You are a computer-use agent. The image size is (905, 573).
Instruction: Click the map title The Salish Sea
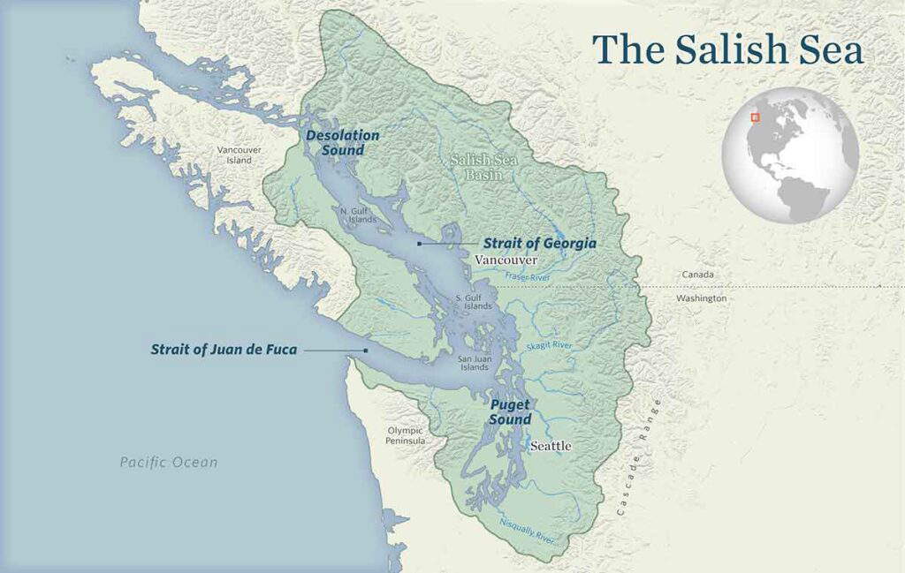click(727, 49)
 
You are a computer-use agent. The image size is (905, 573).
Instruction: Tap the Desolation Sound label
click(342, 143)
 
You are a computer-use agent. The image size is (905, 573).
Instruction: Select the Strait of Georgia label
click(539, 243)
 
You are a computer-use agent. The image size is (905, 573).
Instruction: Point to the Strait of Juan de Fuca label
click(224, 350)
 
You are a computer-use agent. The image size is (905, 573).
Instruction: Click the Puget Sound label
click(510, 412)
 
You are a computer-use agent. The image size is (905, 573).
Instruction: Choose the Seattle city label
click(551, 447)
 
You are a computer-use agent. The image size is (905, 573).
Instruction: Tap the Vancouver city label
click(506, 260)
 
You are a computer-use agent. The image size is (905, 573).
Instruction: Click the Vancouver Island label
click(239, 155)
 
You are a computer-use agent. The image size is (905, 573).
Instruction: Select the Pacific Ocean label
click(169, 462)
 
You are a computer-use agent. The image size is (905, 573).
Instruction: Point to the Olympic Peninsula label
click(406, 435)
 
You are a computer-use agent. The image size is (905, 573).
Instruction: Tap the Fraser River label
click(528, 277)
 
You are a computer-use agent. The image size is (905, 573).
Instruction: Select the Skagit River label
click(549, 345)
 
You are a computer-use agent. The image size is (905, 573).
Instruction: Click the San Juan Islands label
click(474, 363)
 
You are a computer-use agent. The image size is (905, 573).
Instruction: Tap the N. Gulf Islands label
click(358, 215)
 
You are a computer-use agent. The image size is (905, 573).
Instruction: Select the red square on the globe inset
click(756, 117)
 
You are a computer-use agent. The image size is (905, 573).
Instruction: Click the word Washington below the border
click(701, 298)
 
